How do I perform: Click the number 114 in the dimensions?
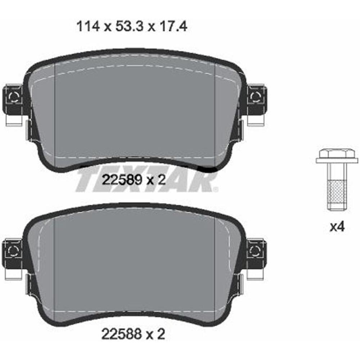click(x=88, y=27)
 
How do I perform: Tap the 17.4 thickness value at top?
click(x=174, y=27)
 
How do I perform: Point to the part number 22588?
click(x=121, y=334)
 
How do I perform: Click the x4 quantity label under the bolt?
click(x=337, y=227)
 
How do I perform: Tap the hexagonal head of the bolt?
click(x=337, y=153)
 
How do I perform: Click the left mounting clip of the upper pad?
click(x=13, y=98)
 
